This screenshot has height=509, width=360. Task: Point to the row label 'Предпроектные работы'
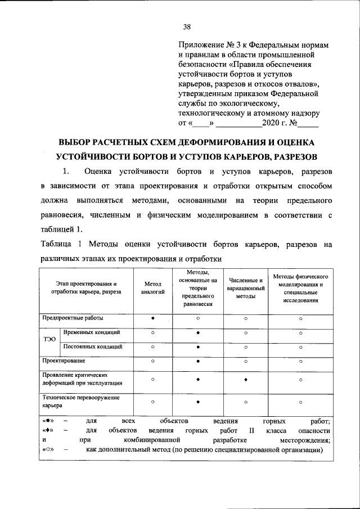73,318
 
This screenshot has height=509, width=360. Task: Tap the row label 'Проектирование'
64,360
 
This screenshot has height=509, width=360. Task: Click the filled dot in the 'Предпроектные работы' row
152,318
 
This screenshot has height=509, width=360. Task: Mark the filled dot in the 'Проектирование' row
198,361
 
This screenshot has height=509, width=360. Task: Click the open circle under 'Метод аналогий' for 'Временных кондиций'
152,333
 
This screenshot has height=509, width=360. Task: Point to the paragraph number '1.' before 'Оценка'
66,170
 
